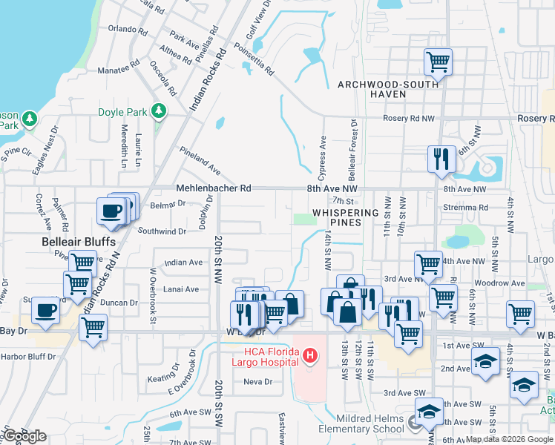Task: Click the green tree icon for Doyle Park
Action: tap(157, 111)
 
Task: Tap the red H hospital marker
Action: tap(309, 357)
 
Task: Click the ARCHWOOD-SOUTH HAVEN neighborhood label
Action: tap(382, 89)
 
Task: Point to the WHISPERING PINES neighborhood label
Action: tap(346, 217)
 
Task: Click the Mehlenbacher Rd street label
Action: tap(213, 188)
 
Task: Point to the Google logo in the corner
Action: tap(24, 436)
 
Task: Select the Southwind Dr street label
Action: tap(161, 231)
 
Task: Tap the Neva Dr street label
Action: tap(258, 382)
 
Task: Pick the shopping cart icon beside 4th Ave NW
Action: tap(428, 263)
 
